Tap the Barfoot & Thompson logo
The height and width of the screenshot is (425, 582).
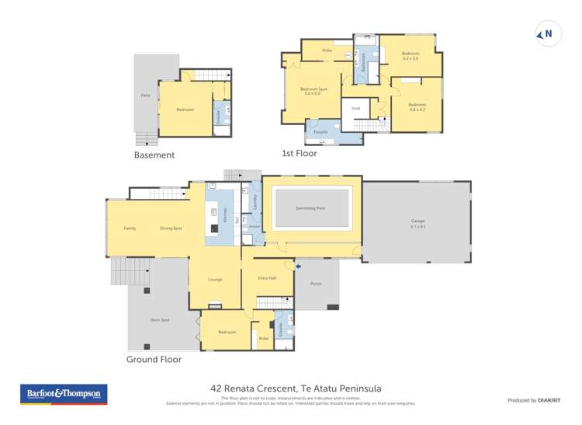point(63,394)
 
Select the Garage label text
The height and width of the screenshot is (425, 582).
point(417,222)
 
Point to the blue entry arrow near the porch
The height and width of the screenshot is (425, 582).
point(289,266)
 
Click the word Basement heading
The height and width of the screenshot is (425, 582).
point(154,155)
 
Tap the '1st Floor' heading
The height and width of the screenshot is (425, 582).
point(299,153)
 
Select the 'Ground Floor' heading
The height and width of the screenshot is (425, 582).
point(154,360)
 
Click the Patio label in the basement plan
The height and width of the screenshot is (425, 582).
point(145,96)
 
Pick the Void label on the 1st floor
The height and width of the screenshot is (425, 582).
point(355,108)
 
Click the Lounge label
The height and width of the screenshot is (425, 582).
point(215,280)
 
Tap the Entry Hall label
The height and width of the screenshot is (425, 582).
point(267,278)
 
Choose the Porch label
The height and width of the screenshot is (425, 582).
point(316,284)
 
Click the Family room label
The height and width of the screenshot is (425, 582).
point(130,228)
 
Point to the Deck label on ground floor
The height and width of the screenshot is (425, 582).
point(159,319)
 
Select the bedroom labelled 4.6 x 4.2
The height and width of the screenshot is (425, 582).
point(417,106)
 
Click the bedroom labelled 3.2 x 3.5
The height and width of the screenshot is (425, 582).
point(410,56)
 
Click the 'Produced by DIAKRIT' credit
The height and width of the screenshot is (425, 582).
point(533,400)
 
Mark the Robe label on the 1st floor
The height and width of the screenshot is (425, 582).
point(327,50)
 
